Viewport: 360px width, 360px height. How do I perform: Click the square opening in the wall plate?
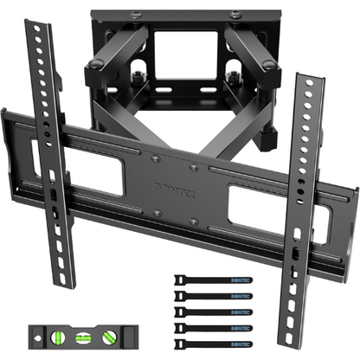[x=184, y=69]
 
